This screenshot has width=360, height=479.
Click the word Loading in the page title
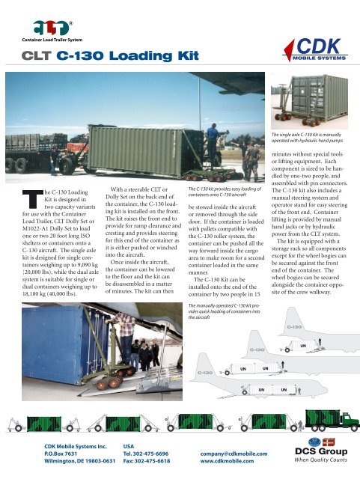pyautogui.click(x=114, y=55)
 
